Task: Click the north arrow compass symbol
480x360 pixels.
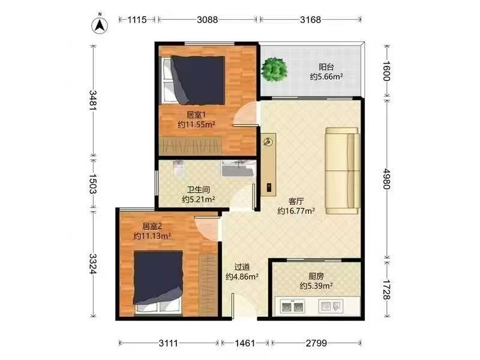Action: (100, 25)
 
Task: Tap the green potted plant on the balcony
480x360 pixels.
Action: (274, 70)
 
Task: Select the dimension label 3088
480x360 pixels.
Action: (207, 20)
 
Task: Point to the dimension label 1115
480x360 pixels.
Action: (137, 20)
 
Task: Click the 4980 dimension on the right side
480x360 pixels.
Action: (386, 179)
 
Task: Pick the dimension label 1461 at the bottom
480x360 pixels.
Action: (245, 343)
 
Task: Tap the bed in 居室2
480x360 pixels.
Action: (158, 282)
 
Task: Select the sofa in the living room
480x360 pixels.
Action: (342, 171)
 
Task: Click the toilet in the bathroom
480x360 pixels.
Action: (178, 168)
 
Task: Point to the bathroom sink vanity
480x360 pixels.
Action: (238, 169)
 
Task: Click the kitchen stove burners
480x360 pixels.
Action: (292, 306)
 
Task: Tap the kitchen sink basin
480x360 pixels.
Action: (331, 306)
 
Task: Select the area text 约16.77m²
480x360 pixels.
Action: (296, 211)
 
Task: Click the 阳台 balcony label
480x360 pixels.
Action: (326, 67)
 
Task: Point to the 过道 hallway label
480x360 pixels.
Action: (242, 267)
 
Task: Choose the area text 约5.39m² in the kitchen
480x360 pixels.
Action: (316, 286)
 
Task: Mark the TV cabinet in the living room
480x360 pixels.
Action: (268, 164)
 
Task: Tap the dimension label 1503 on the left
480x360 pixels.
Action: (93, 184)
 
